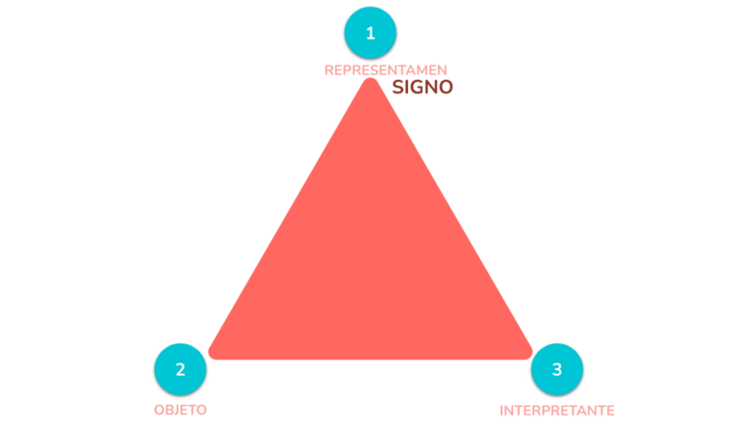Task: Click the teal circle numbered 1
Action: point(369,33)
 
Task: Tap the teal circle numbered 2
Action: point(180,369)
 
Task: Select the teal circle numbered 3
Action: point(556,369)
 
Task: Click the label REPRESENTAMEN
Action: point(386,70)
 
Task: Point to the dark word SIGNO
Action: point(422,87)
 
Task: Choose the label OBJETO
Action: point(180,410)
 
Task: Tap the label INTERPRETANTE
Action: point(556,411)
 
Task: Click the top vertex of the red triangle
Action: point(370,79)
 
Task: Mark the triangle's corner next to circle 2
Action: point(209,354)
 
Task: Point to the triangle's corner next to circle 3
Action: point(531,354)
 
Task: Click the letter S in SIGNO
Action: point(397,87)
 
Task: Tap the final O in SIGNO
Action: point(446,87)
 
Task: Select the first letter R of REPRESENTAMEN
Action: point(329,70)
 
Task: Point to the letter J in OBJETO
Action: point(177,410)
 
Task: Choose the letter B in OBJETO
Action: point(169,410)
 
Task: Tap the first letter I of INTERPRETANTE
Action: point(501,411)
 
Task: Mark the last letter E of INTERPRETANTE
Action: point(610,411)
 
